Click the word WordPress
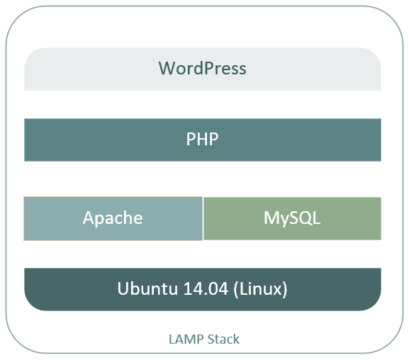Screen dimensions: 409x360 203,68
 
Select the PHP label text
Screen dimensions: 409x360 203,139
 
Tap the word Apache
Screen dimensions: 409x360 113,218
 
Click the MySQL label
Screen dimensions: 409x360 292,218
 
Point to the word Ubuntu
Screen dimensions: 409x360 147,288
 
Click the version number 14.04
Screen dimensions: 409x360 206,288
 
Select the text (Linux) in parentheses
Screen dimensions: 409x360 260,289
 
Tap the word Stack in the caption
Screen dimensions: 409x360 223,339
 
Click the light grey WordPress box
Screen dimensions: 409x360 203,69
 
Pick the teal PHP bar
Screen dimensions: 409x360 203,140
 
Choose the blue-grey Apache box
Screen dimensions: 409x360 113,218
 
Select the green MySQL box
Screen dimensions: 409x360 292,218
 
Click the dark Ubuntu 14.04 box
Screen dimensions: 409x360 203,289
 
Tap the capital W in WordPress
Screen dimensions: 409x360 167,68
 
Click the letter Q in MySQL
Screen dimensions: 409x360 304,218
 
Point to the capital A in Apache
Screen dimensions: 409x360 89,218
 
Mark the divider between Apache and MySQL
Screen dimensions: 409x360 203,218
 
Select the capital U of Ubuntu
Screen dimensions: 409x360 123,288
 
